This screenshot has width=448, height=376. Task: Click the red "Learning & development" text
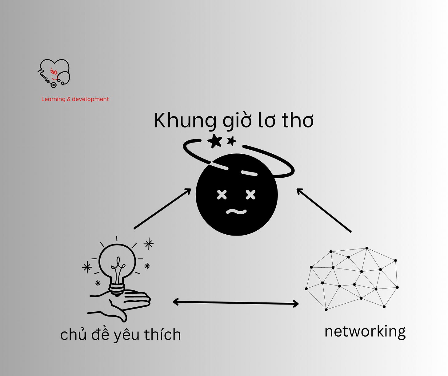(x=75, y=99)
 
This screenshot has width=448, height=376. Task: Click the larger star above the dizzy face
(x=215, y=141)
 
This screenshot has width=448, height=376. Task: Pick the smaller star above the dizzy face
(x=231, y=141)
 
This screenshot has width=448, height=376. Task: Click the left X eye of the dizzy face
(x=222, y=195)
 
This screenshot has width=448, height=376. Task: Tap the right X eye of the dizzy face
(x=250, y=195)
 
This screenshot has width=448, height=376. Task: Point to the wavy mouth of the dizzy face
(x=236, y=212)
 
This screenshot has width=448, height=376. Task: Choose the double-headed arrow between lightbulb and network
(x=236, y=303)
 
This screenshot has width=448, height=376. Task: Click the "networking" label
(x=365, y=332)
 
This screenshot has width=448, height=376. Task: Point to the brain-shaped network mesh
(x=353, y=279)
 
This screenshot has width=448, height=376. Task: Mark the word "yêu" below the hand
(x=126, y=335)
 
